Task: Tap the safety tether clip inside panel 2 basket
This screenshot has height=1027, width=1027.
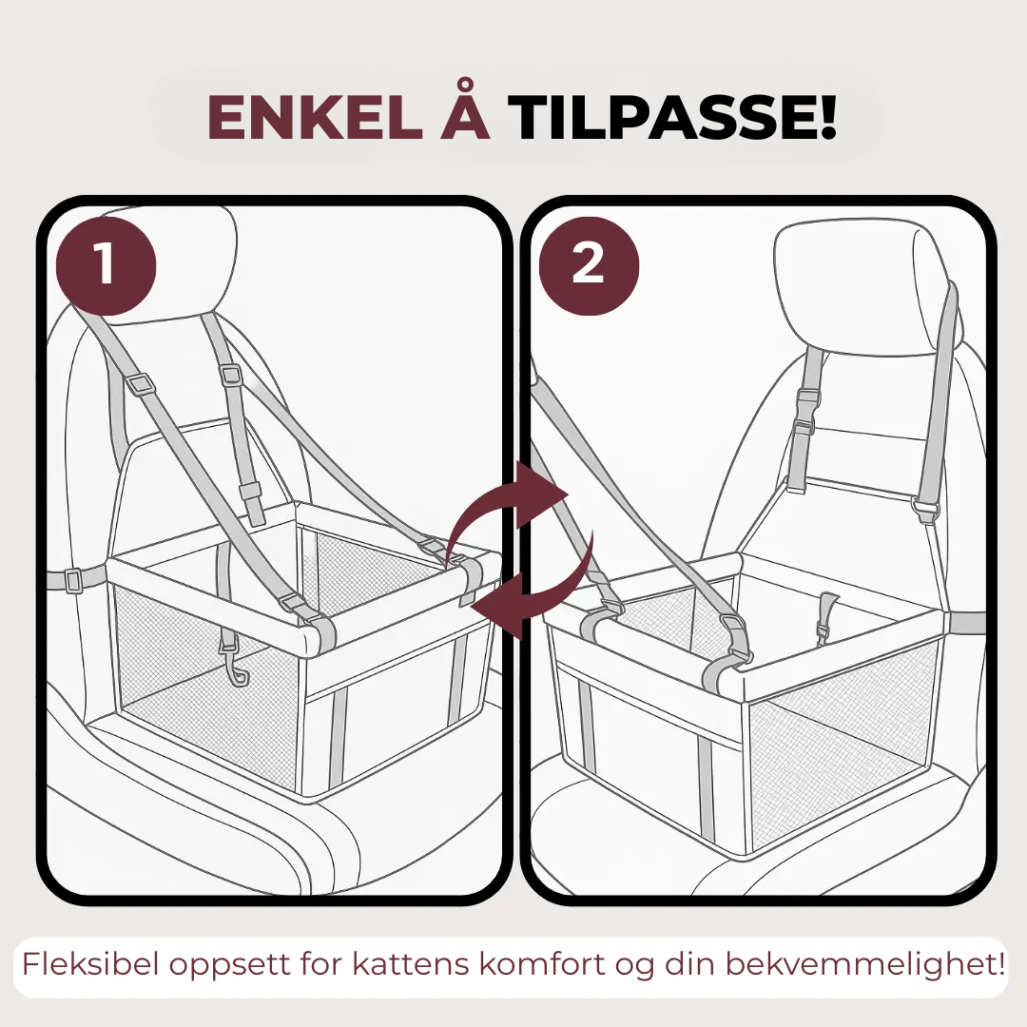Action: pos(826,615)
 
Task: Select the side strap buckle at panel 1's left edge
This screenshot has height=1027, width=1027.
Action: pos(72,580)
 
